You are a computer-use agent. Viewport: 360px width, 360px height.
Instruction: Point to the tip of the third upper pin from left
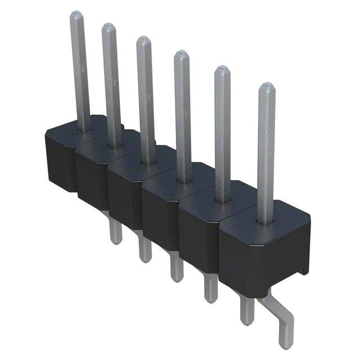143,40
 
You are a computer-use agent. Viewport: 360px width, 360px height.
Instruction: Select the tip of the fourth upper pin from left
181,55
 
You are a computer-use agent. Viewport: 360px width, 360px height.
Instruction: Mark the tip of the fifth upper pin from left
222,70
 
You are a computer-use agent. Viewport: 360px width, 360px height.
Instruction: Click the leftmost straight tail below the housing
115,231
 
